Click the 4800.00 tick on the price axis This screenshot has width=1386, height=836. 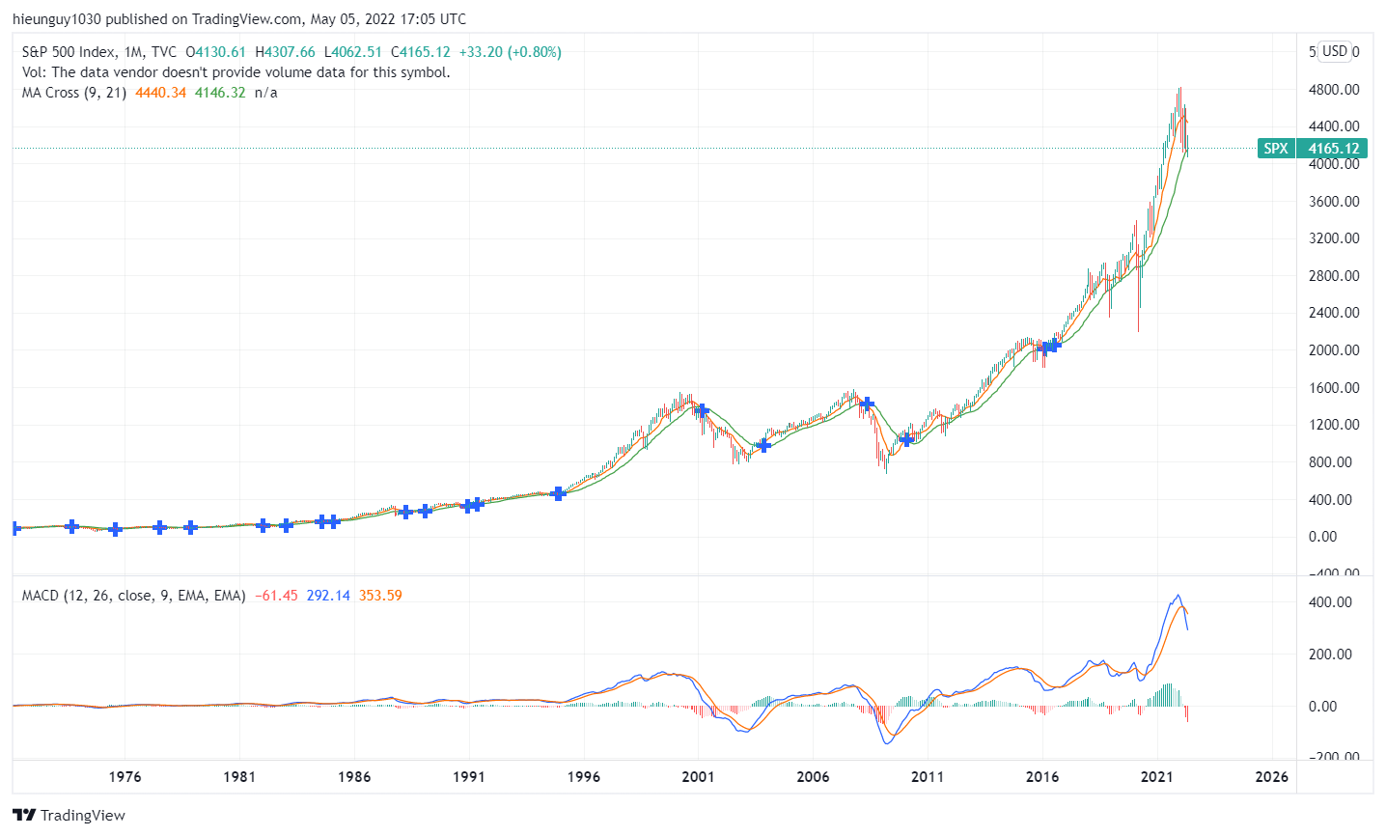pos(1334,90)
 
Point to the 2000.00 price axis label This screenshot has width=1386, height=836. pos(1334,350)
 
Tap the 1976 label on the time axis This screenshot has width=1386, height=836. pos(125,776)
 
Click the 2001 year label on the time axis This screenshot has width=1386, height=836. pos(698,776)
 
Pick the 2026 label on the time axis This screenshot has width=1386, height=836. pos(1271,776)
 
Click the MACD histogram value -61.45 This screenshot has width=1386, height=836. pos(277,596)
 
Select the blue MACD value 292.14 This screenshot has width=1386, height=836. pos(328,596)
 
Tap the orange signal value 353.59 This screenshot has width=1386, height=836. pos(380,596)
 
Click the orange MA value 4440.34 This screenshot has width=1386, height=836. pos(161,93)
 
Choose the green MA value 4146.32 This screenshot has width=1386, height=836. pos(220,93)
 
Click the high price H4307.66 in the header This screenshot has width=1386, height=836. pos(285,52)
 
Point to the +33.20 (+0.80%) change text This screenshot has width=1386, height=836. pos(510,52)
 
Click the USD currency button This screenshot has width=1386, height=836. pos(1335,51)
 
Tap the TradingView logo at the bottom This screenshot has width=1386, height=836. pos(69,815)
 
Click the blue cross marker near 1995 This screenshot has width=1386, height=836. pos(558,493)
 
